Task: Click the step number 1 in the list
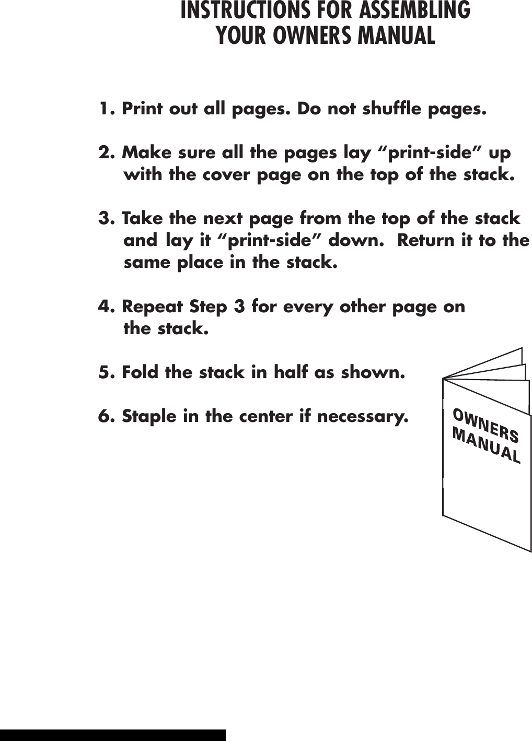click(x=105, y=110)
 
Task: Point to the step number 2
click(x=105, y=153)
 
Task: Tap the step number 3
click(x=105, y=218)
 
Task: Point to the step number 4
click(x=105, y=307)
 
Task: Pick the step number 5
click(x=105, y=373)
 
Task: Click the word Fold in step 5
click(x=141, y=373)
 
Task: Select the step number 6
click(x=105, y=417)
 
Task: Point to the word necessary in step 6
click(x=362, y=417)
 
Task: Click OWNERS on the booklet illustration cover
click(x=485, y=426)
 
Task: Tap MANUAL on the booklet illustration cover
click(x=487, y=446)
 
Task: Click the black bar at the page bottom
click(x=112, y=735)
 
